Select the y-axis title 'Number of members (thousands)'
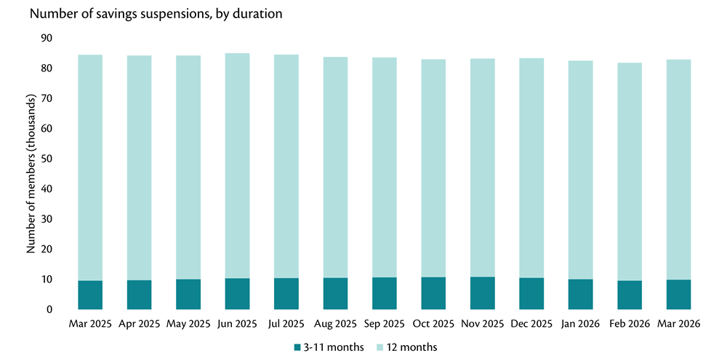(x=31, y=173)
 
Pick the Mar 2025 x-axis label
(x=90, y=323)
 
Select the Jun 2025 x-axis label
(x=238, y=323)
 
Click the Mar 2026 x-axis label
(x=679, y=323)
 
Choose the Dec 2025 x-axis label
(x=532, y=323)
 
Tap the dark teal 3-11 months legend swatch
(x=297, y=347)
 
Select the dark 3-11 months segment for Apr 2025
(x=140, y=295)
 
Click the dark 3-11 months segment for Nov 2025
(x=483, y=293)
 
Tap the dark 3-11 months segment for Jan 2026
(x=581, y=294)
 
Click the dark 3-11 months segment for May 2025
(x=188, y=294)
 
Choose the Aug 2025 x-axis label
(x=336, y=323)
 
